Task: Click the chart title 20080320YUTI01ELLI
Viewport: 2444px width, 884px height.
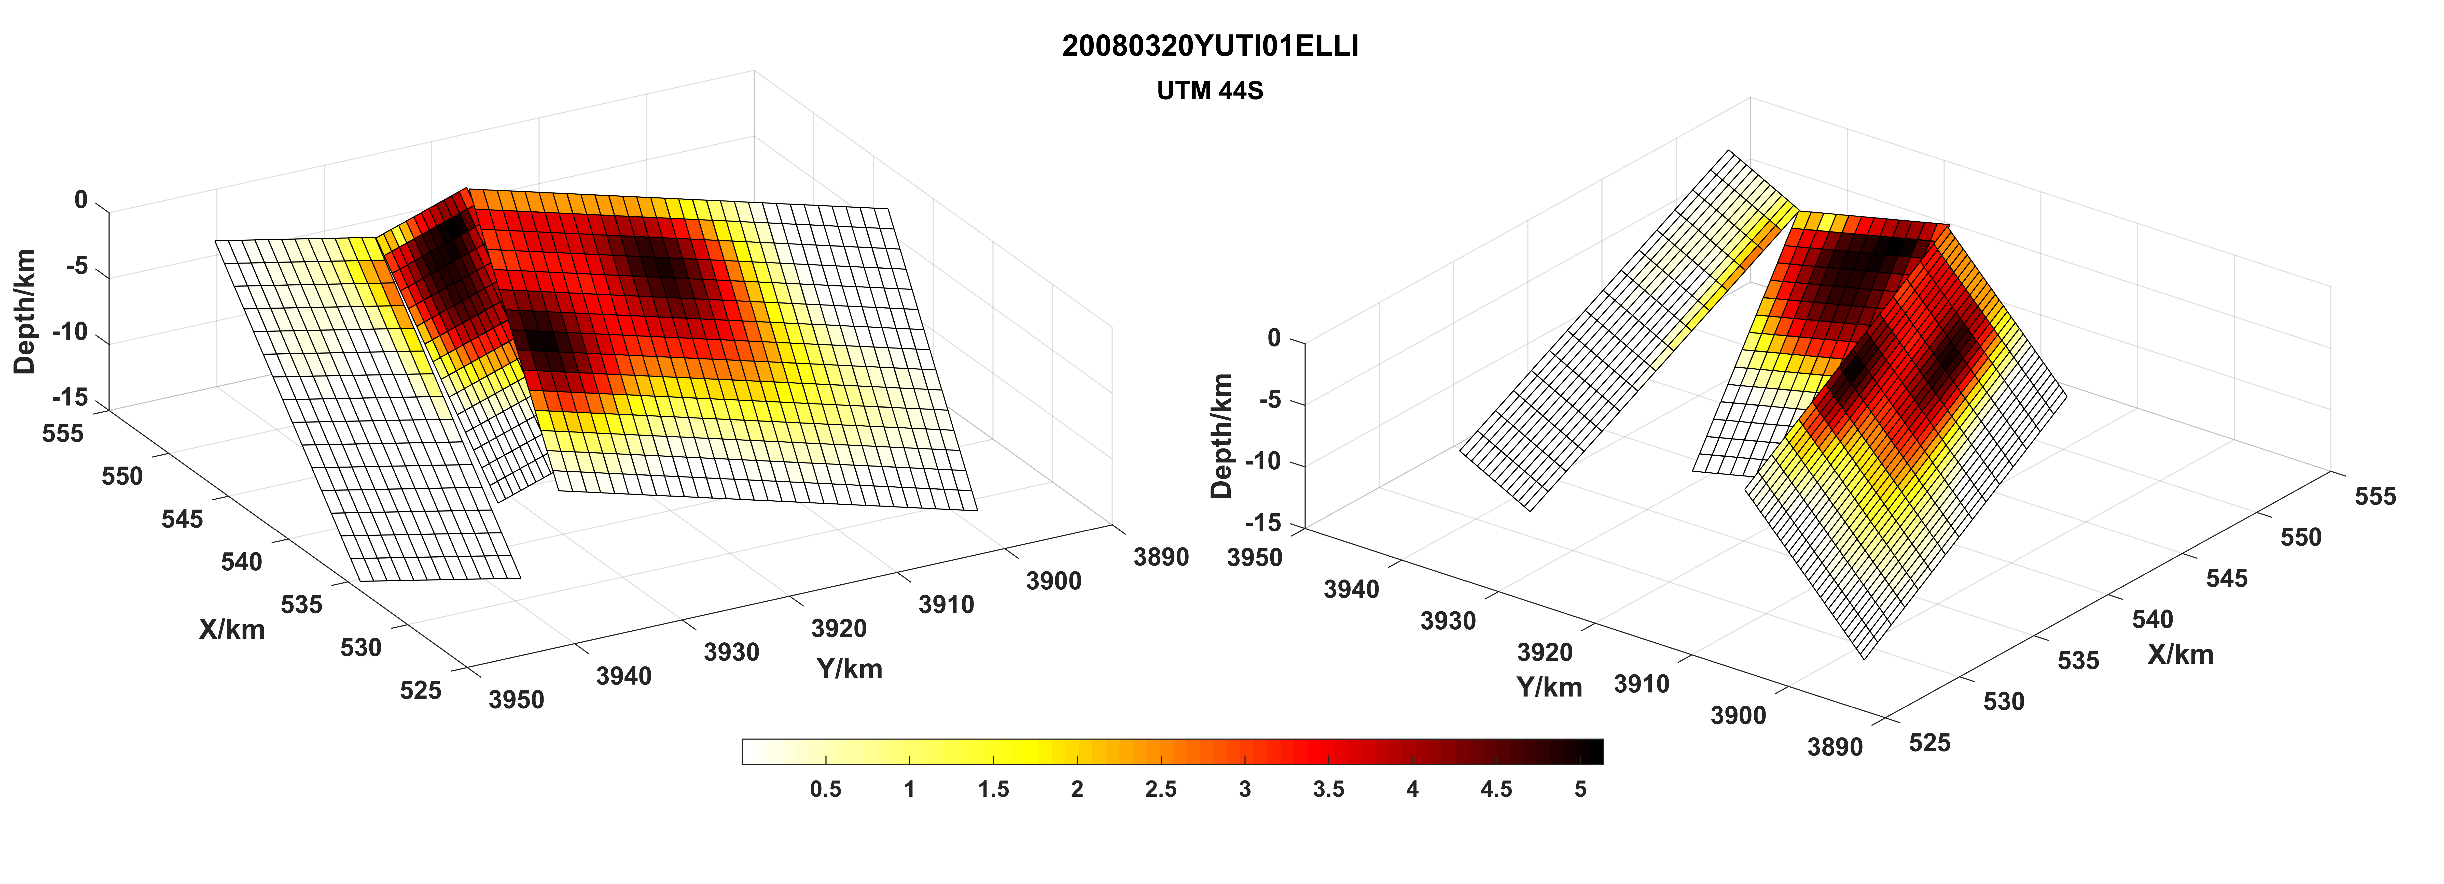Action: coord(1210,46)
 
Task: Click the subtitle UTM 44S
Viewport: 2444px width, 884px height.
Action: coord(1210,91)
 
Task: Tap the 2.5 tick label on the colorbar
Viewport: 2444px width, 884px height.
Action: coord(1160,789)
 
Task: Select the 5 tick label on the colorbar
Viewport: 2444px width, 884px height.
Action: coord(1580,789)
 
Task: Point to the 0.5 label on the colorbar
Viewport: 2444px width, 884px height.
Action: coord(825,789)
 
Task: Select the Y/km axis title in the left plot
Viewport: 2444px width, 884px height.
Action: coord(849,669)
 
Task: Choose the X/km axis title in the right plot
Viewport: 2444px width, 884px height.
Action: coord(2180,654)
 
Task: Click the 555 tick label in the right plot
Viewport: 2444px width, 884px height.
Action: coord(2375,496)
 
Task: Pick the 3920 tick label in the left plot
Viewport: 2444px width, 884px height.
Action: coord(839,628)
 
